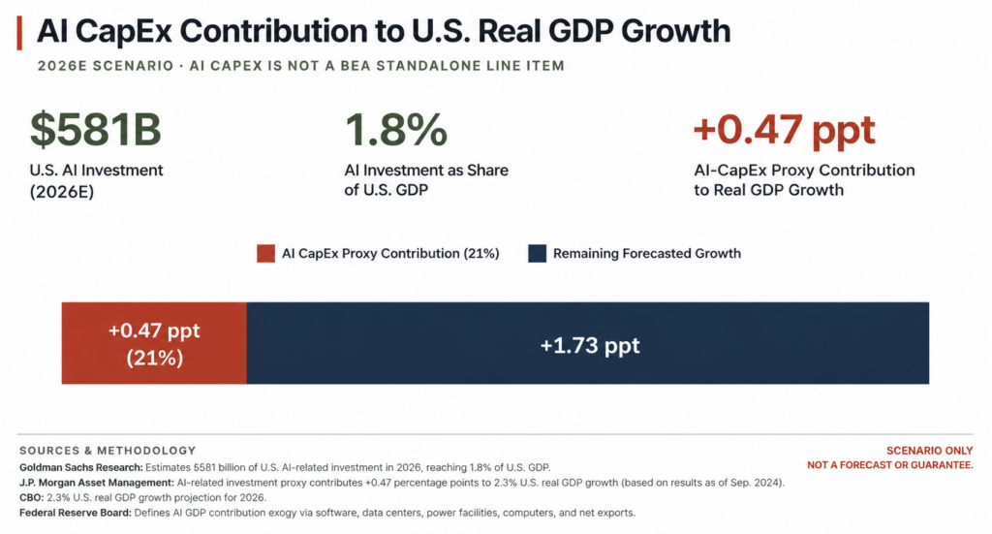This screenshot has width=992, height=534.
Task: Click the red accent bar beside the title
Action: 19,33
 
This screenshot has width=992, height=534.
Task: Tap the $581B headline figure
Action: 96,129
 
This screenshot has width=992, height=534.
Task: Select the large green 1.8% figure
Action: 396,129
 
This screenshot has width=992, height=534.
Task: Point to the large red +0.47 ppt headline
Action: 785,130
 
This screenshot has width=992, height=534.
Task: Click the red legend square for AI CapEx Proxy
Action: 265,254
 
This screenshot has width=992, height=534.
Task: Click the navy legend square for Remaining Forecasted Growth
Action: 537,254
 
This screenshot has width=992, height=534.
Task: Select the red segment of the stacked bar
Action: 154,343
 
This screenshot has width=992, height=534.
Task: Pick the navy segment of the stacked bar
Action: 588,343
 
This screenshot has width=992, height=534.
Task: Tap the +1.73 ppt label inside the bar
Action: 590,346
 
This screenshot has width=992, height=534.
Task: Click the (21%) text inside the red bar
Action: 154,359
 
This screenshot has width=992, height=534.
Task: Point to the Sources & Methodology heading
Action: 108,451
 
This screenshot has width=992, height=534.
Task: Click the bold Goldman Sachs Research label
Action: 81,467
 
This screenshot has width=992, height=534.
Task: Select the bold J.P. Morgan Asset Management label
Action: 97,483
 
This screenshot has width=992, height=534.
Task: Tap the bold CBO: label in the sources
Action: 32,498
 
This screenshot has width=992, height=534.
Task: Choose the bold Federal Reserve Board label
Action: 76,513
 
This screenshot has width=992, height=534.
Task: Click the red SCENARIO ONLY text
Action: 929,451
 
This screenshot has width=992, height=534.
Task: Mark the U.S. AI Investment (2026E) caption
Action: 96,180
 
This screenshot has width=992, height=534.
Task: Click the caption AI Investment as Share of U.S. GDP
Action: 426,180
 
